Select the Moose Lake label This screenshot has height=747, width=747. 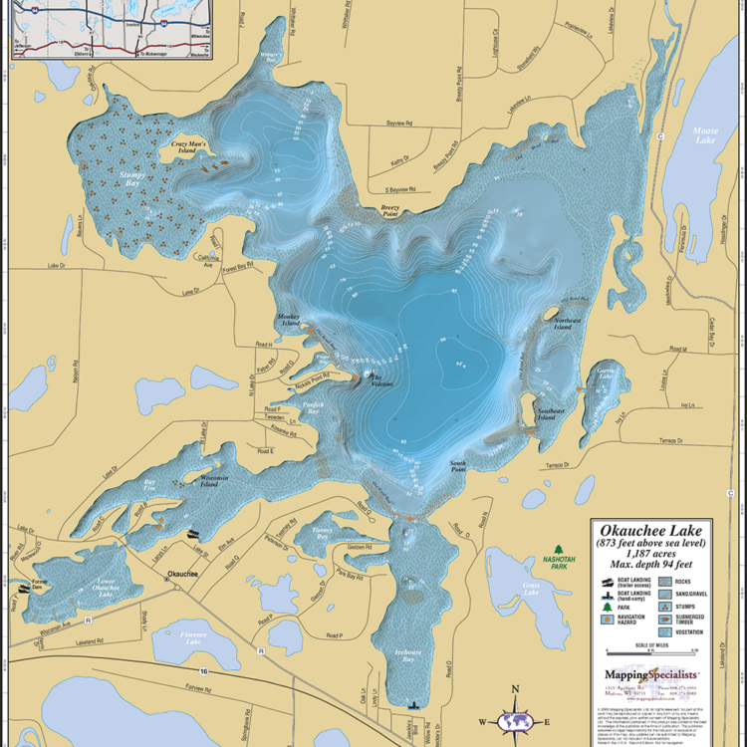pyautogui.click(x=705, y=136)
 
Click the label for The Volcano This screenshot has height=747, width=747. pyautogui.click(x=382, y=380)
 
